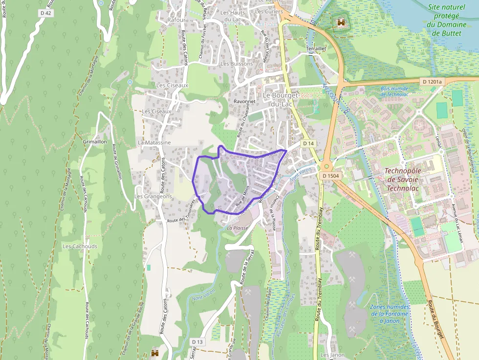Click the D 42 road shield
click(x=45, y=13)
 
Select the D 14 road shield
click(x=307, y=143)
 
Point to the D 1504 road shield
click(x=331, y=175)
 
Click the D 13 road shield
click(x=197, y=341)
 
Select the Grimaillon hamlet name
click(x=95, y=142)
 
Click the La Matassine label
click(x=154, y=143)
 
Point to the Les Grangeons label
click(x=153, y=196)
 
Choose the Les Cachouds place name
click(x=80, y=247)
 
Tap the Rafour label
click(x=176, y=20)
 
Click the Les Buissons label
click(x=237, y=64)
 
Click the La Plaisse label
click(x=238, y=228)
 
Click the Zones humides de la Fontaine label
click(x=390, y=314)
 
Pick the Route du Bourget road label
click(x=437, y=320)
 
